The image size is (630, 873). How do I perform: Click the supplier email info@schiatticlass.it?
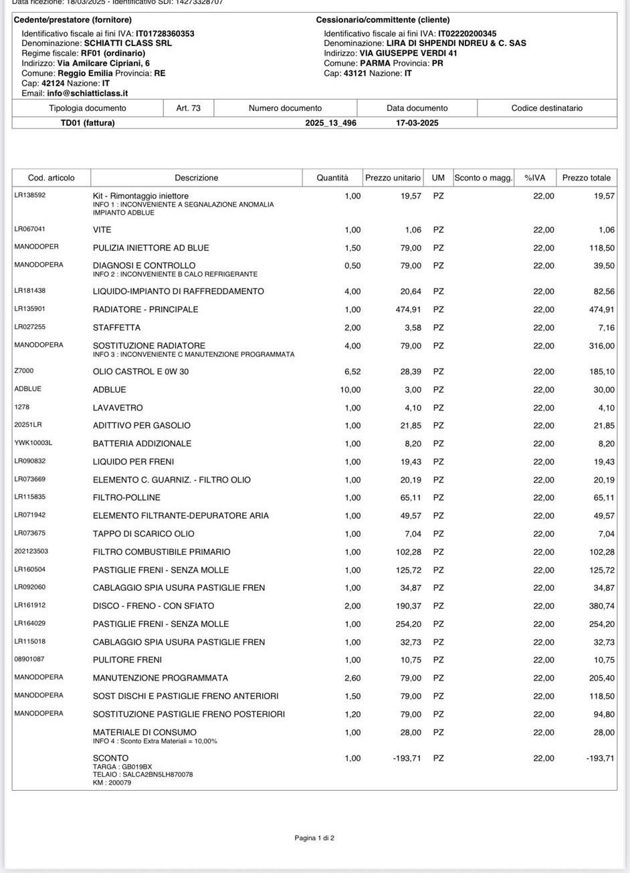pos(87,94)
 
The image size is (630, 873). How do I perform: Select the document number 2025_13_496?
pos(330,123)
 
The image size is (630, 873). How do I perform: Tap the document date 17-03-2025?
pos(417,123)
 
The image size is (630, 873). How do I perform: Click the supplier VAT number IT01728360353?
pos(165,33)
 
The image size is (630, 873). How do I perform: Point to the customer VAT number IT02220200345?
pos(467,33)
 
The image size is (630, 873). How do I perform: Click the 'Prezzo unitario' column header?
pos(393,178)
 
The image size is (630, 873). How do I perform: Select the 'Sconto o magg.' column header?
pos(483,178)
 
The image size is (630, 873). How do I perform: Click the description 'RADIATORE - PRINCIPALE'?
pos(145,309)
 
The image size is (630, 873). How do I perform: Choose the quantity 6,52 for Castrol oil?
pos(351,372)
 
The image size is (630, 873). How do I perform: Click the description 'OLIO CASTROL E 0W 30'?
pos(140,372)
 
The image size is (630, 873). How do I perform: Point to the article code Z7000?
pos(24,371)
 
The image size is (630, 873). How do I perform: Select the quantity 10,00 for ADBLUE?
pos(350,390)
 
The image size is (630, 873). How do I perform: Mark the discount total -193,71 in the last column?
pos(600,758)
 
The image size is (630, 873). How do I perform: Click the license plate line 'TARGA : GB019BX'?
pos(122,767)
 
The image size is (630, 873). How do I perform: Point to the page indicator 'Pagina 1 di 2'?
pos(314,838)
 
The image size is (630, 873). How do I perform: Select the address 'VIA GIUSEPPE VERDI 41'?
pos(408,53)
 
